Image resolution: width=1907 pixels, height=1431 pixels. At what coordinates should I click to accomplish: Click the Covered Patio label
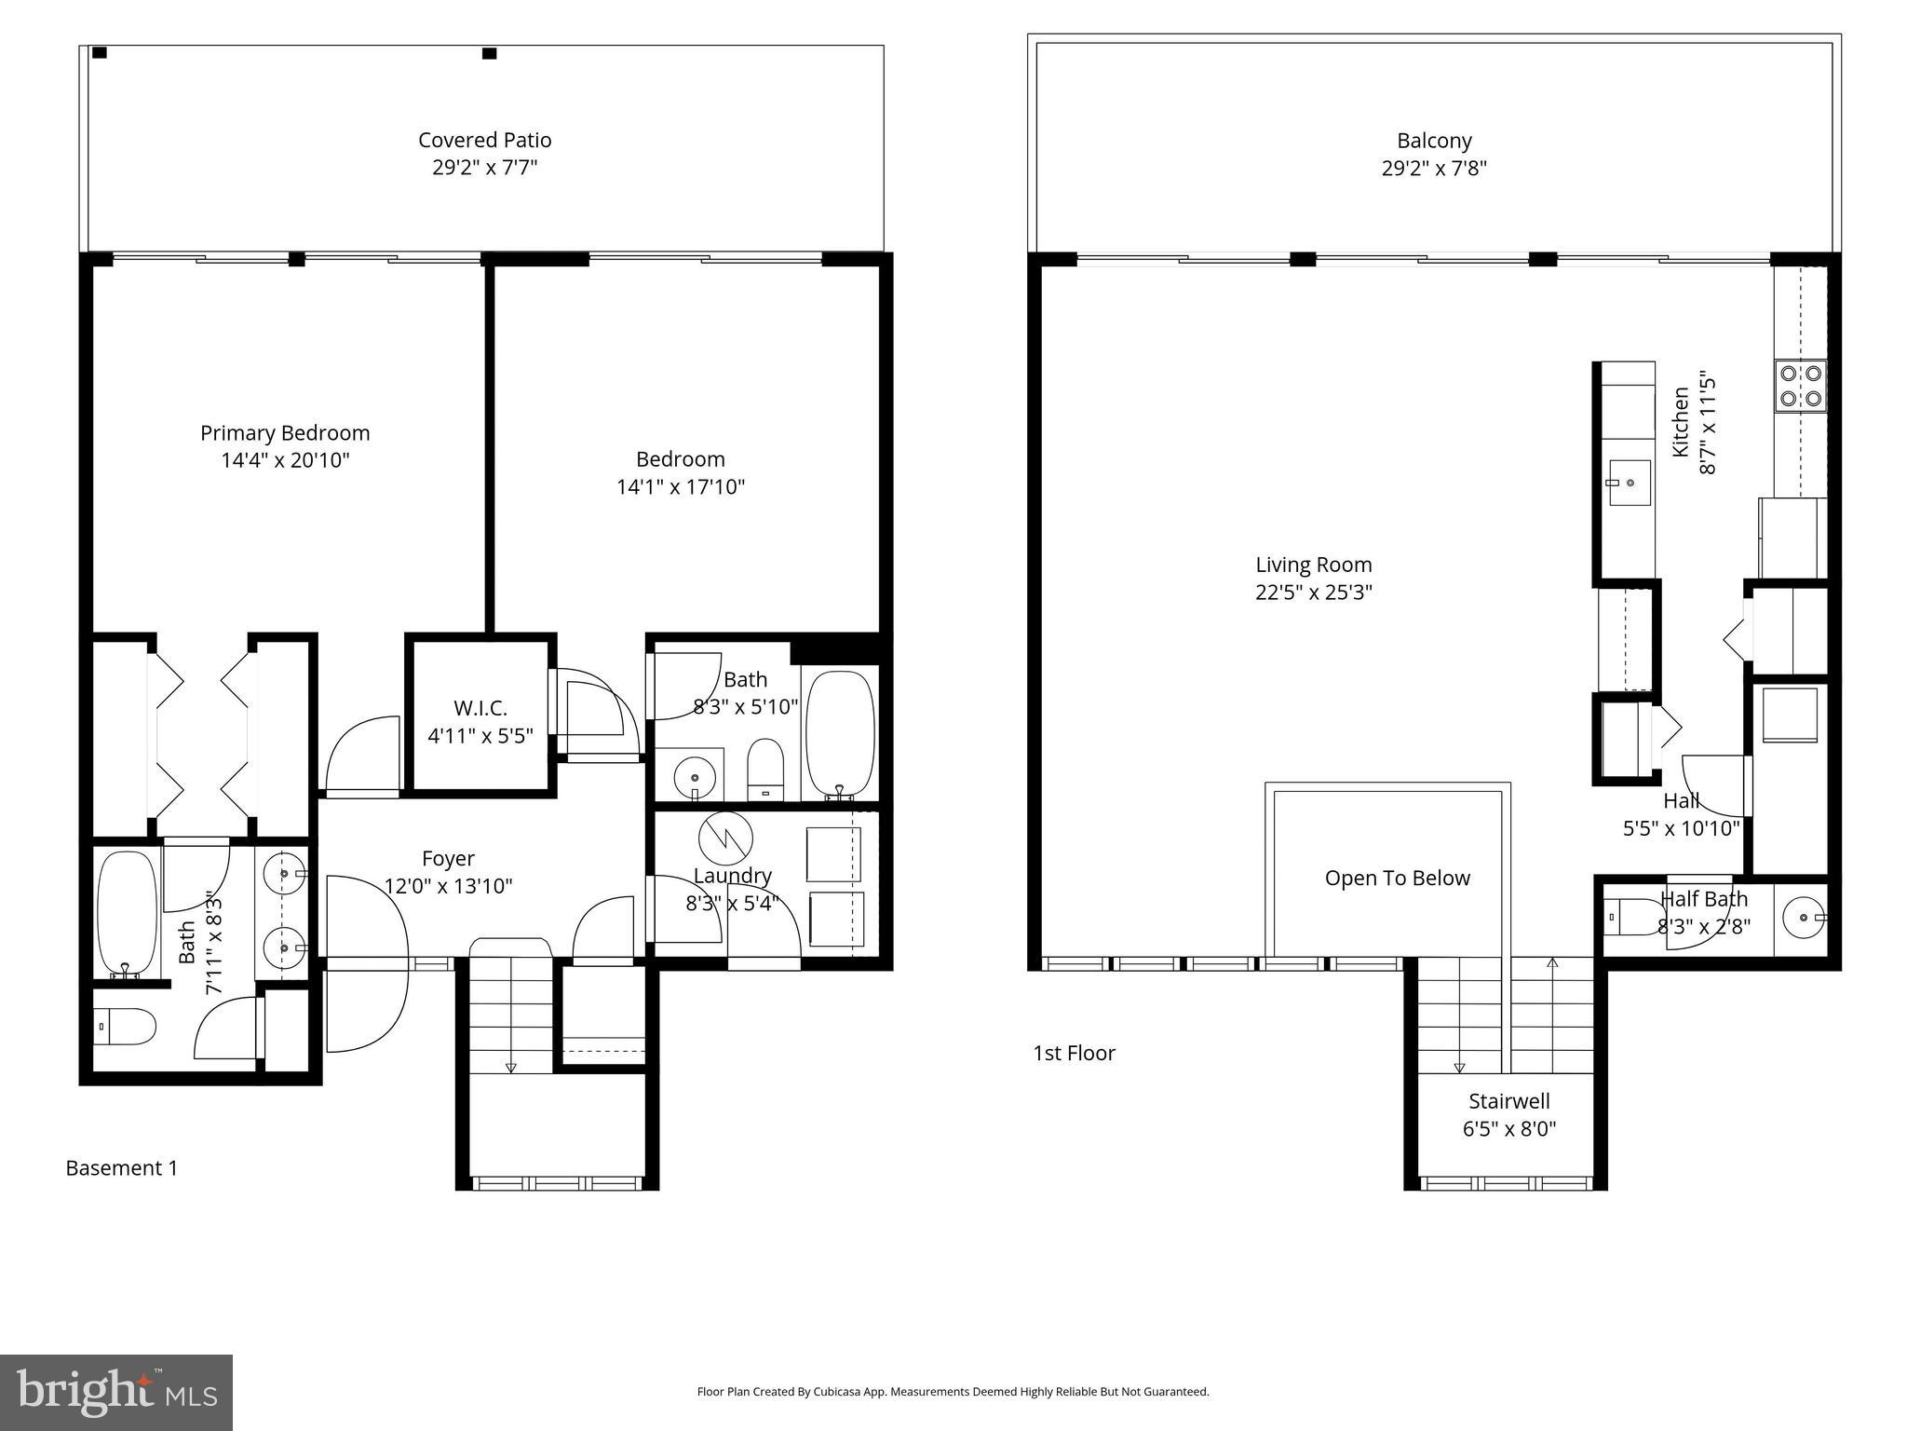click(x=484, y=141)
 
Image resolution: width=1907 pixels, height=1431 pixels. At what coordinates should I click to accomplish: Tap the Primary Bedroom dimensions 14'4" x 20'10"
click(x=285, y=460)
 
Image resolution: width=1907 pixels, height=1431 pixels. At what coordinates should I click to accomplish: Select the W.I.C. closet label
click(x=480, y=708)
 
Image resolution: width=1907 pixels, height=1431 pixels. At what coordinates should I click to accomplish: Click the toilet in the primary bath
click(x=126, y=1027)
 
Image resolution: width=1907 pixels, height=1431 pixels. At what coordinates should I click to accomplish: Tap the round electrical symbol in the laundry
click(x=725, y=838)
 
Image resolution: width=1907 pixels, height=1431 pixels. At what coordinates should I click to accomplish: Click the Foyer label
click(x=448, y=858)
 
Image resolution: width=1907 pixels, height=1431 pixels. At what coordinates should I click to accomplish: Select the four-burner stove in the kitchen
click(x=1800, y=386)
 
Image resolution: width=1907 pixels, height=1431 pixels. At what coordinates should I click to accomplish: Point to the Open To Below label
click(x=1397, y=879)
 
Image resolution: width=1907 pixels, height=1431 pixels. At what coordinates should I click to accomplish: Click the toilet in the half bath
click(x=1630, y=916)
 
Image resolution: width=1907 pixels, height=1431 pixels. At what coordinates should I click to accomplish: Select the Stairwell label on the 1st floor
click(x=1508, y=1101)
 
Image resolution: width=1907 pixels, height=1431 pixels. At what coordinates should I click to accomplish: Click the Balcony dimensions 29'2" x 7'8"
click(x=1434, y=170)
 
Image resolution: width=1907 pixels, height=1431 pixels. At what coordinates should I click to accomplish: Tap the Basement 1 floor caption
click(x=121, y=1168)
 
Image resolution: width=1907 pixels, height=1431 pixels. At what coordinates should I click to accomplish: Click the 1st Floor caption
click(x=1074, y=1053)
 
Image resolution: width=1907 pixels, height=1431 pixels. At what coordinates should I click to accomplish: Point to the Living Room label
click(x=1313, y=565)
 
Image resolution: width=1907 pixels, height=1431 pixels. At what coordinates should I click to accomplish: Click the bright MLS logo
click(x=116, y=1393)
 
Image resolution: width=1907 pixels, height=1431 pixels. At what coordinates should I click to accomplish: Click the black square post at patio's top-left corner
click(x=100, y=53)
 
